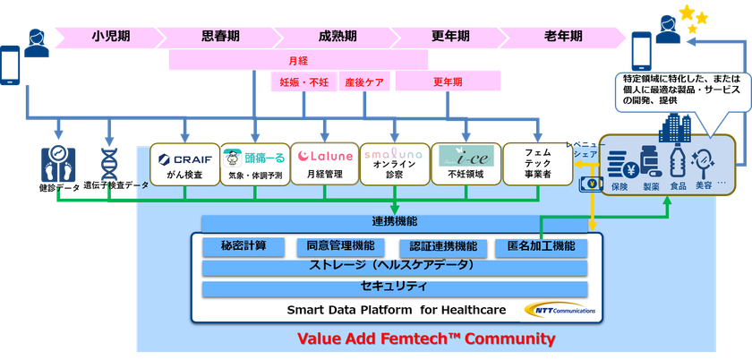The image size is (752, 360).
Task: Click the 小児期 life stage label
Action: pyautogui.click(x=111, y=37)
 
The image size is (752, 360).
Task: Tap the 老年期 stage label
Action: pyautogui.click(x=562, y=37)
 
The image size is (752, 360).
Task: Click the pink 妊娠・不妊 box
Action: pyautogui.click(x=303, y=82)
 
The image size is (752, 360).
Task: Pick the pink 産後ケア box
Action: pyautogui.click(x=364, y=82)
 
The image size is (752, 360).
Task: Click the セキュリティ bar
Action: pyautogui.click(x=394, y=287)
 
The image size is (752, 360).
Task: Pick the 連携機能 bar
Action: pyautogui.click(x=394, y=221)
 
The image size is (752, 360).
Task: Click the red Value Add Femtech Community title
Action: pyautogui.click(x=425, y=339)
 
